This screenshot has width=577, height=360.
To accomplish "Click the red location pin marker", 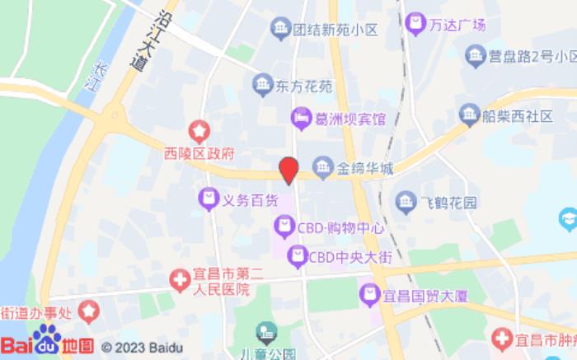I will pos(288,171).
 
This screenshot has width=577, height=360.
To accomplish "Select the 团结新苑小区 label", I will pos(335,30).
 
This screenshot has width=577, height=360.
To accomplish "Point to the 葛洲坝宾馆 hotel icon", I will pos(301,119).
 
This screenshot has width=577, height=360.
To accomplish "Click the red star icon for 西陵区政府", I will pos(199,130).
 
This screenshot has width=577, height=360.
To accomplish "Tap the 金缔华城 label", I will pos(364,169).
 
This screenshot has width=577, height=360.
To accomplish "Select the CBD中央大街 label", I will pos(338,257).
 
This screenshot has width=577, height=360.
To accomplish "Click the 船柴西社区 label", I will pos(517,115).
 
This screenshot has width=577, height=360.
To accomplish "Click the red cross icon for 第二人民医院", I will pos(179,281).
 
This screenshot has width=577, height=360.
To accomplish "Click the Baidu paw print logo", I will pos(47,339).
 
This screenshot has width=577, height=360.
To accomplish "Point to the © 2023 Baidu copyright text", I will pos(142,348).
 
